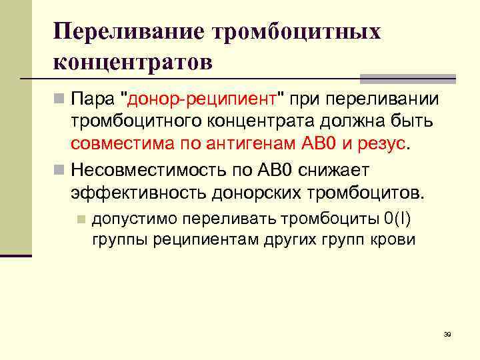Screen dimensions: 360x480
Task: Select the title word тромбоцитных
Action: point(297,33)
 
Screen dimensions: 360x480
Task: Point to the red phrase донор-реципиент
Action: point(202,100)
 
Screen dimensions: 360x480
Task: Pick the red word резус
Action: point(381,143)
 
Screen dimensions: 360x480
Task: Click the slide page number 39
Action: point(447,334)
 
